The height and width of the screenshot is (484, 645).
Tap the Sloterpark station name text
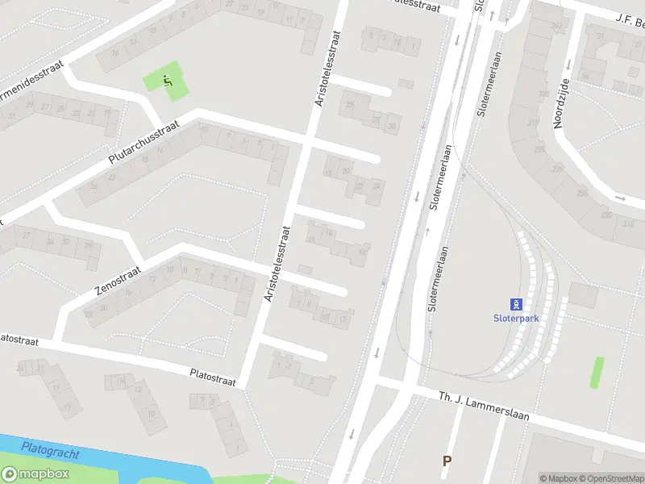[x=516, y=318]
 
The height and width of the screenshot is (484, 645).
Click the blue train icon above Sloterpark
[x=516, y=304]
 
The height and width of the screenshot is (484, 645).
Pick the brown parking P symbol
[x=446, y=461]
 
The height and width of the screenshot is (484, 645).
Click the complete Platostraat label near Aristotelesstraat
[x=213, y=378]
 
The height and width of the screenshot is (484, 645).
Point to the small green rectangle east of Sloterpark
[x=597, y=372]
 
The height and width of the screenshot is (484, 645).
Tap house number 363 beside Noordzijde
[x=556, y=26]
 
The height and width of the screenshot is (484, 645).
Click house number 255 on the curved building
[x=581, y=194]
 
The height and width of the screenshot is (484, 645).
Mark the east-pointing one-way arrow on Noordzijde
[x=620, y=198]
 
